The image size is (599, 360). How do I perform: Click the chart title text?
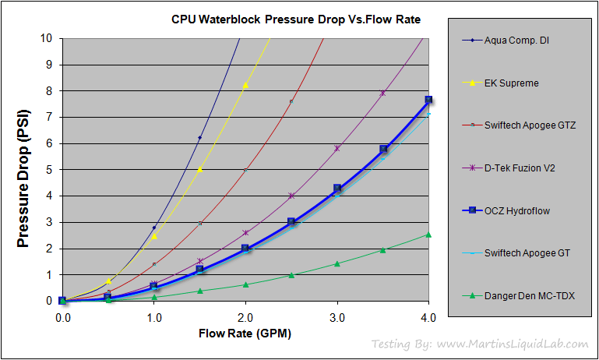[296, 19]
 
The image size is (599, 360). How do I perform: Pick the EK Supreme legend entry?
[511, 83]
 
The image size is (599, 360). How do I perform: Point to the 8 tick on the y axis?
[49, 90]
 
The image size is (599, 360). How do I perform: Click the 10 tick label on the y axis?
[47, 37]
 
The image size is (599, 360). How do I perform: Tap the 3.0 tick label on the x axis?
[336, 317]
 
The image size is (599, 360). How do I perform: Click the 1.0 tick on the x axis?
[153, 317]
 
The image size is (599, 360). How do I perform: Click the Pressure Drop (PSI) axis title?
[23, 169]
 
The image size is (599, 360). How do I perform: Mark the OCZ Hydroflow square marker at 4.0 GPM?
[428, 100]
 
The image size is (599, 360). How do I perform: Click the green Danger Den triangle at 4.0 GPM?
[428, 234]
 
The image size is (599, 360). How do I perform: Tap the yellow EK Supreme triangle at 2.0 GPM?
[245, 85]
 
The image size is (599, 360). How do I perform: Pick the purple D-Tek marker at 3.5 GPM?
[382, 93]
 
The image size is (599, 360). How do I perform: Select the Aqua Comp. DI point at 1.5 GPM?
[199, 138]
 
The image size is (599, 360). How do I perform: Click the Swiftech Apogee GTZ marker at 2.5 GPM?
[291, 102]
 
